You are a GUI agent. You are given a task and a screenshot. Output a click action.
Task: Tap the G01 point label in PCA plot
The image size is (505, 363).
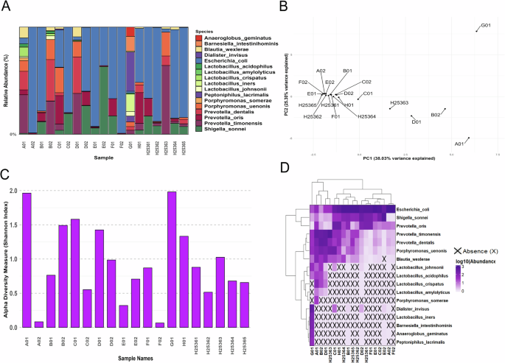pos(486,26)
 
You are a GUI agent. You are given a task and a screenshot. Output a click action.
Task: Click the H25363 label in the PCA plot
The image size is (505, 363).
pos(399,103)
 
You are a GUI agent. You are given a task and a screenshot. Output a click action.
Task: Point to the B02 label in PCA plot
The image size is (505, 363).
pos(436,116)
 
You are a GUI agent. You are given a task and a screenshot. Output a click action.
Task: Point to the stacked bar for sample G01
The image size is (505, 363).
pos(130,81)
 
